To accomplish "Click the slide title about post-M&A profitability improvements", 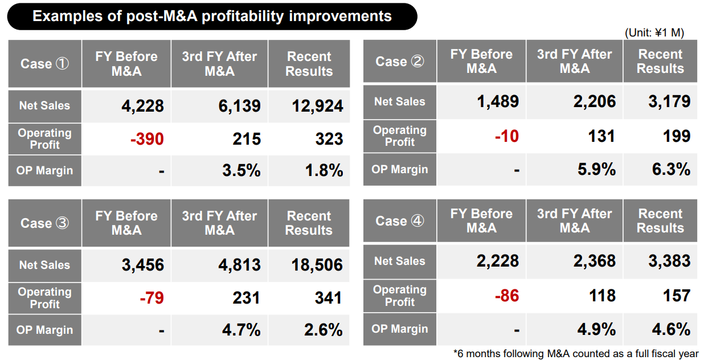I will (212, 16).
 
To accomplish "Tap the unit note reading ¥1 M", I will (654, 33).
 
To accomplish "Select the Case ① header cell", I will (45, 64).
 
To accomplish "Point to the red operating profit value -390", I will (147, 139).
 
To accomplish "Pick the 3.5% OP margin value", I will (242, 170).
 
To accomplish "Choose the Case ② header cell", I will (400, 62).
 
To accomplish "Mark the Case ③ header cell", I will (45, 223).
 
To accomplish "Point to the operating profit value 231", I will (246, 298).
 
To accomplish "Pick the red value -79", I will (152, 298).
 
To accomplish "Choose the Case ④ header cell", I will (400, 221).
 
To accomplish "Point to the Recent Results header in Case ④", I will (660, 221).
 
